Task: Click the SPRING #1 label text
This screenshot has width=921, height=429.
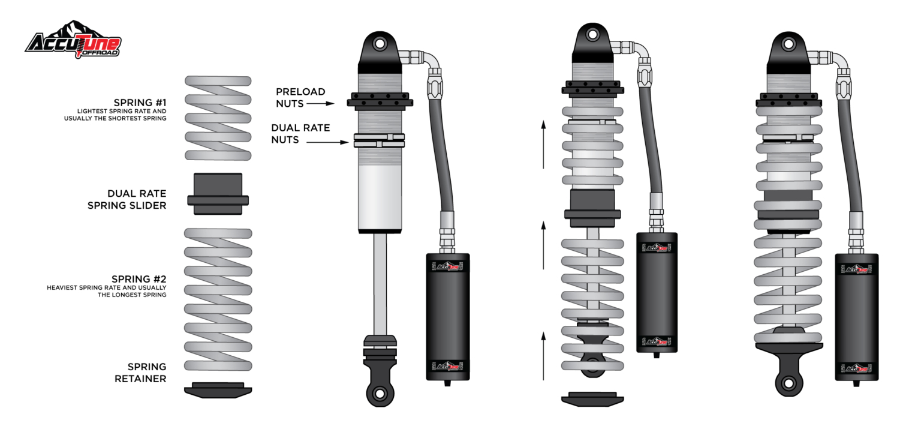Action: point(140,103)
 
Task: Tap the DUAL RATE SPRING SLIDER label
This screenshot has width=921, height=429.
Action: point(137,199)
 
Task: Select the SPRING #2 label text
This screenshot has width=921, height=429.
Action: point(139,279)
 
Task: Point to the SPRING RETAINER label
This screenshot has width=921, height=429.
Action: point(147,373)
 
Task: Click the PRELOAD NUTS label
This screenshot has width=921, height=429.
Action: point(300,97)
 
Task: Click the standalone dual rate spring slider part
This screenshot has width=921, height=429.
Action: point(218,194)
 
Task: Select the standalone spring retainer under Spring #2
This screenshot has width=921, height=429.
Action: point(218,390)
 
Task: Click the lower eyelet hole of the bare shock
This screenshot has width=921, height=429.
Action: point(380,393)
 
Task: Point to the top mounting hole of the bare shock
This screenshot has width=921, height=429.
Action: point(380,43)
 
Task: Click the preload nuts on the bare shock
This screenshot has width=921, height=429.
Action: point(379,100)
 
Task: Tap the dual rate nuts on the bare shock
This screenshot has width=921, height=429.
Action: point(379,140)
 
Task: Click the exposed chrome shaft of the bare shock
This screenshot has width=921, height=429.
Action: point(380,282)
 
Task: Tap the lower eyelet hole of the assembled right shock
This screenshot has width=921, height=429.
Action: point(789,383)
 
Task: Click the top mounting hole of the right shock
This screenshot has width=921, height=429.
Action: point(789,43)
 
